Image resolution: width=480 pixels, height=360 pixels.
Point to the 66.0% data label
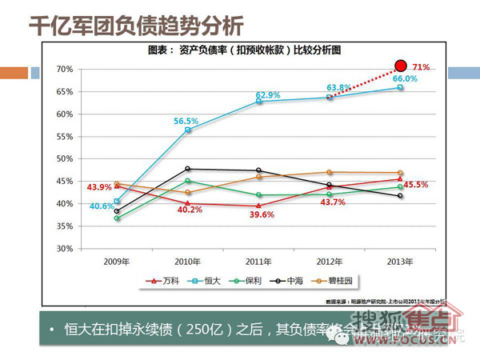coord(404,78)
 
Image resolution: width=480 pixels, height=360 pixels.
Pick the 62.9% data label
coord(268,95)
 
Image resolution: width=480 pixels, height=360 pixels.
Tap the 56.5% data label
coord(186,122)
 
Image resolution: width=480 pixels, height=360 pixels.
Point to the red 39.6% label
coord(261,214)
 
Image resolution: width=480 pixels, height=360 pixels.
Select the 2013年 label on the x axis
coord(400,261)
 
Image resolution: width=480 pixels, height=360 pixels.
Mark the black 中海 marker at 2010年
coord(187,169)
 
